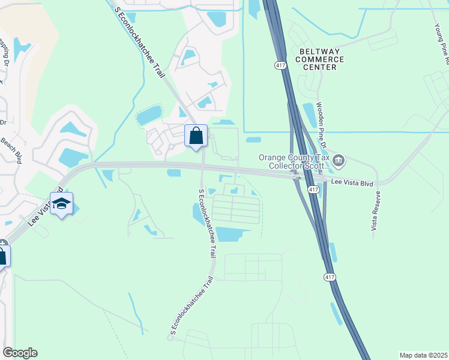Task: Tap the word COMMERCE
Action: tap(319, 59)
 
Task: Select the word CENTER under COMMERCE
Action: tap(319, 67)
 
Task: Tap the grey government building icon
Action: tap(339, 160)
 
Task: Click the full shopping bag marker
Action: tap(196, 136)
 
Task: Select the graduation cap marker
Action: tap(61, 204)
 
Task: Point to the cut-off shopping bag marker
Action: tap(2, 257)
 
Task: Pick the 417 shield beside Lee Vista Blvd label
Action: tap(313, 189)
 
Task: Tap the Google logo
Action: tap(20, 353)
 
